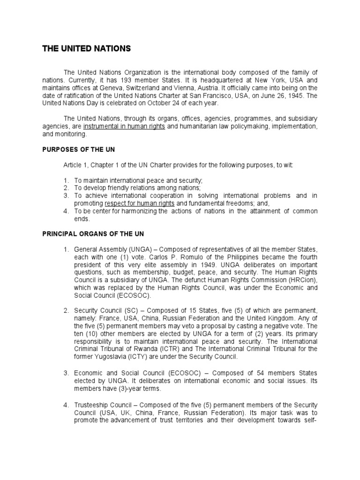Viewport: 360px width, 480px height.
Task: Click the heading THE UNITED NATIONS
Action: pyautogui.click(x=87, y=48)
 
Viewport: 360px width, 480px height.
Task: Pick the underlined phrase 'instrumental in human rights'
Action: pyautogui.click(x=124, y=127)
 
